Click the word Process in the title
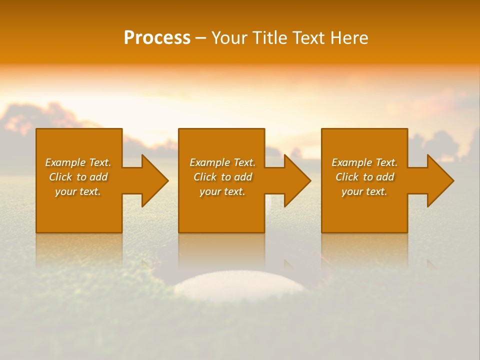pyautogui.click(x=157, y=38)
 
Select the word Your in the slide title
pyautogui.click(x=229, y=38)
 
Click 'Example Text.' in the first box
pyautogui.click(x=78, y=162)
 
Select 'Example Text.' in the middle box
pyautogui.click(x=222, y=162)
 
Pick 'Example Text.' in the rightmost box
pyautogui.click(x=364, y=162)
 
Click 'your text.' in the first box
pyautogui.click(x=78, y=191)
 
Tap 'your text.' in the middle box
pyautogui.click(x=222, y=191)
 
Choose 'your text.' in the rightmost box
pyautogui.click(x=364, y=191)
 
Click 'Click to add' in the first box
pyautogui.click(x=78, y=177)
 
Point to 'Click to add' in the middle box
pyautogui.click(x=222, y=177)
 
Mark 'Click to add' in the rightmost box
pyautogui.click(x=364, y=177)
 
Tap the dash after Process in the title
pyautogui.click(x=200, y=38)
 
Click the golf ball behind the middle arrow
pyautogui.click(x=269, y=200)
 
